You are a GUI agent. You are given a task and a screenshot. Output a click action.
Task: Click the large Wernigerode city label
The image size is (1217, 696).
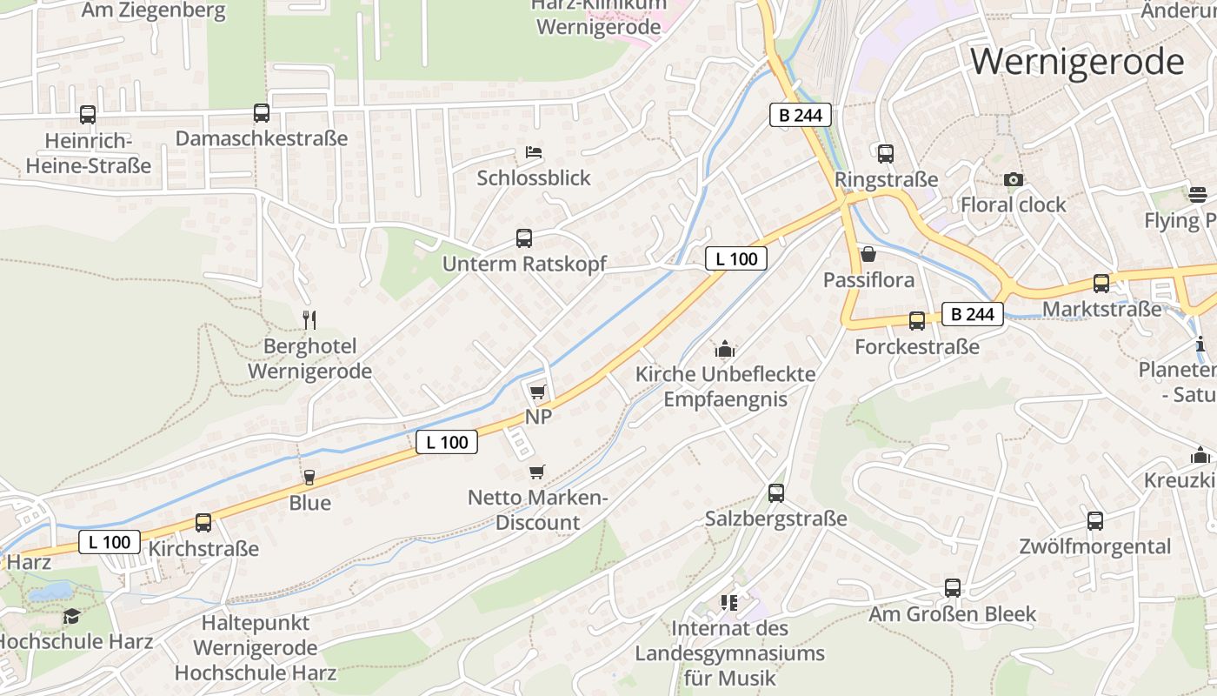pyautogui.click(x=1077, y=63)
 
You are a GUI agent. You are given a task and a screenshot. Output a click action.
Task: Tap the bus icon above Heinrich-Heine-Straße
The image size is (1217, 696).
pyautogui.click(x=88, y=114)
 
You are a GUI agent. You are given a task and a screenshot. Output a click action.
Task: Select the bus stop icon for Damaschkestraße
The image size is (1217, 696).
pyautogui.click(x=262, y=112)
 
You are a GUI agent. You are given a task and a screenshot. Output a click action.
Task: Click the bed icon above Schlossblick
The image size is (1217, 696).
pyautogui.click(x=534, y=152)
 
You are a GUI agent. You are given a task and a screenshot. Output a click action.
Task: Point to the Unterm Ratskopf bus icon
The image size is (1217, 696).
pyautogui.click(x=524, y=238)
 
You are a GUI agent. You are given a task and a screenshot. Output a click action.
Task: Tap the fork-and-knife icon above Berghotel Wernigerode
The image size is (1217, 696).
pyautogui.click(x=309, y=319)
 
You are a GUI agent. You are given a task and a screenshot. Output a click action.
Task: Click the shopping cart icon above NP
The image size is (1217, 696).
pyautogui.click(x=538, y=391)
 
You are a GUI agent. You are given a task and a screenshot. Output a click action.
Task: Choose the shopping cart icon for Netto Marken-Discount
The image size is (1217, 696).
pyautogui.click(x=537, y=472)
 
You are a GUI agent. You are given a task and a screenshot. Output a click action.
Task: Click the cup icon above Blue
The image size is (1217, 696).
pyautogui.click(x=309, y=477)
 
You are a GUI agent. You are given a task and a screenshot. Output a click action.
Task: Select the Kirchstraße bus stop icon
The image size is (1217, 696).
pyautogui.click(x=203, y=522)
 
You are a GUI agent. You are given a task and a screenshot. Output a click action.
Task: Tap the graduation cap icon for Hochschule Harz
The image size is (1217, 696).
pyautogui.click(x=71, y=616)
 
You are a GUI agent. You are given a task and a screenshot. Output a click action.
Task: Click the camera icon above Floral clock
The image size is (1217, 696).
pyautogui.click(x=1013, y=179)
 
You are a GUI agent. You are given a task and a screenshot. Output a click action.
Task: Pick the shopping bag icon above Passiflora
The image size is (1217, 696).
pyautogui.click(x=868, y=254)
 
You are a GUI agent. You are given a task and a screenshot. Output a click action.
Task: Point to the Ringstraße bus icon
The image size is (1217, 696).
pyautogui.click(x=886, y=153)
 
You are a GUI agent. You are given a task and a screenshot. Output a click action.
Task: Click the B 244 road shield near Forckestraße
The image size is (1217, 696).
pyautogui.click(x=972, y=314)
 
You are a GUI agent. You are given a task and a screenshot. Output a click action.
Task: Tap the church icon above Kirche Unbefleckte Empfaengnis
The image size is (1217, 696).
pyautogui.click(x=725, y=350)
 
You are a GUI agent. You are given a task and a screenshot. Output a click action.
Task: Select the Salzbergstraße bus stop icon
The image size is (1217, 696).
pyautogui.click(x=776, y=493)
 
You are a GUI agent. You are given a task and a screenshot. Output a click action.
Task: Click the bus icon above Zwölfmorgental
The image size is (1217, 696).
pyautogui.click(x=1095, y=520)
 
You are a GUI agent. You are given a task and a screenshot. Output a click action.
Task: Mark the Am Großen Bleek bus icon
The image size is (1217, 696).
pyautogui.click(x=953, y=587)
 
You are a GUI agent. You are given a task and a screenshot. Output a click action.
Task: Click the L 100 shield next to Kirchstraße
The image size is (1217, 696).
pyautogui.click(x=110, y=542)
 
